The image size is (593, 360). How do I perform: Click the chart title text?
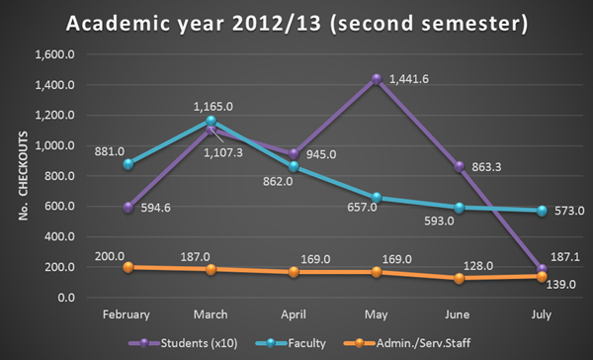(296, 22)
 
